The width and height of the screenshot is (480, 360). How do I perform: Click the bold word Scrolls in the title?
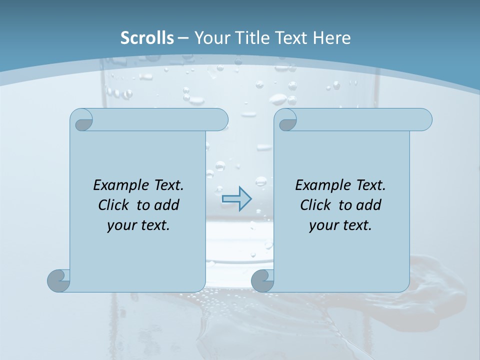point(147,38)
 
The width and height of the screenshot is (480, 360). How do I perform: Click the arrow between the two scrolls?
point(236,199)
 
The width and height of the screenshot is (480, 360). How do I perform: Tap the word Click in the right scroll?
point(316,205)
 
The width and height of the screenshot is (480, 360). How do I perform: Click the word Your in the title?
point(209,38)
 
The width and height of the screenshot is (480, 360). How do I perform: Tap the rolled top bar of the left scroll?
point(160,119)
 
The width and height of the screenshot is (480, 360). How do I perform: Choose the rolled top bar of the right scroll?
point(364,119)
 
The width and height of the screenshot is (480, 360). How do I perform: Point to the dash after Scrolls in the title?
point(183,38)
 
